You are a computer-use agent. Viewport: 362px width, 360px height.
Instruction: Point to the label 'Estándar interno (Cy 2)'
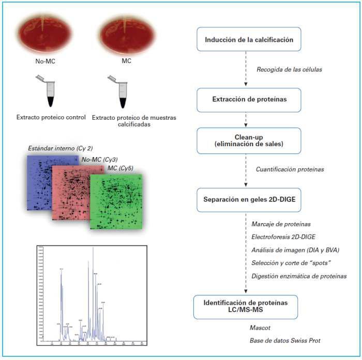61,149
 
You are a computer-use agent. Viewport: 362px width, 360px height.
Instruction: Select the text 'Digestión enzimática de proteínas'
299,276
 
